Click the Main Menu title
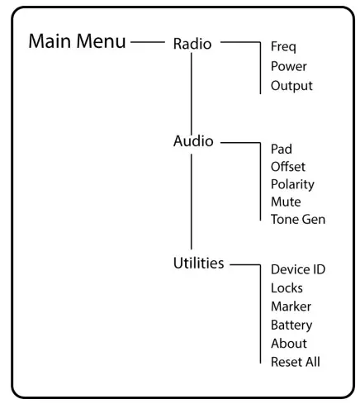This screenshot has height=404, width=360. (x=78, y=42)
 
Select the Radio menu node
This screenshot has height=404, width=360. (x=192, y=44)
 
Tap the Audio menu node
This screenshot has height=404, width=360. (x=191, y=141)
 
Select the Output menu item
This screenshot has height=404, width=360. (x=292, y=86)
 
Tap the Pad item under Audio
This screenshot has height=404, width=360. (x=282, y=150)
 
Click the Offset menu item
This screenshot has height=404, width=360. (x=288, y=167)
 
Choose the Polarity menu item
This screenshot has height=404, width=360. (x=292, y=184)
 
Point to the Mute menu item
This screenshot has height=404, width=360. (x=286, y=202)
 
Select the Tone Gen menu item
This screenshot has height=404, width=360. (x=298, y=219)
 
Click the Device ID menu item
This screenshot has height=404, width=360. (x=298, y=270)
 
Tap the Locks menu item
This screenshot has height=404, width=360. (x=287, y=288)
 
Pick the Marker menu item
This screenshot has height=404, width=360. (x=291, y=307)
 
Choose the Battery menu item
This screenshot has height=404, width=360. (x=291, y=325)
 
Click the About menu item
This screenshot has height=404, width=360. (x=289, y=343)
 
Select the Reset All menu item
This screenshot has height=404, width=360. (x=296, y=361)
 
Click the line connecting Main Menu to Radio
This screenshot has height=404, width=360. (x=149, y=40)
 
